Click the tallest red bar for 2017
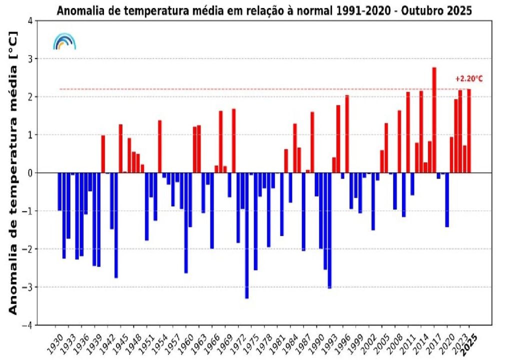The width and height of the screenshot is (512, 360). pyautogui.click(x=434, y=120)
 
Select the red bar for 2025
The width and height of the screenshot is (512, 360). pyautogui.click(x=469, y=131)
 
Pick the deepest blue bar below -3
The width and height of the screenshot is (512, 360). pyautogui.click(x=246, y=235)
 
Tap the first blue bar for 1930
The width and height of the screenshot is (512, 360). pyautogui.click(x=59, y=191)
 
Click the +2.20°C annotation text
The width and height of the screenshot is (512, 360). pyautogui.click(x=469, y=78)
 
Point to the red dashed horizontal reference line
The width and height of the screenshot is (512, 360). pyautogui.click(x=250, y=89)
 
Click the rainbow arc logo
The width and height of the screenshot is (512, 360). pyautogui.click(x=64, y=42)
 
